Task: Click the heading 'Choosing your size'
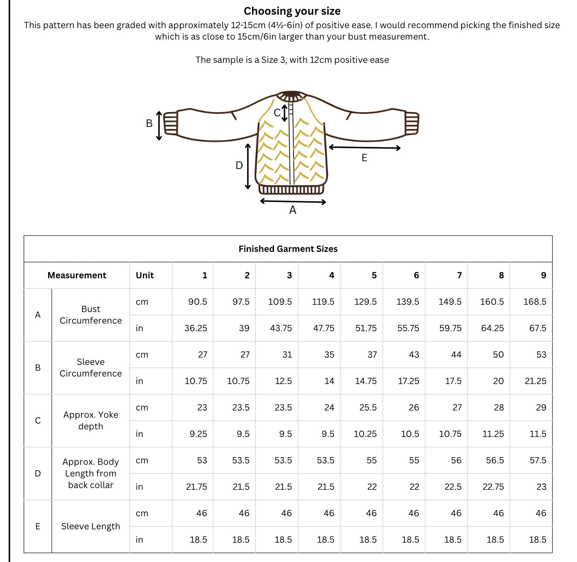(292, 11)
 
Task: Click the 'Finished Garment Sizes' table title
(288, 249)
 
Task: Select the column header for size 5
(374, 275)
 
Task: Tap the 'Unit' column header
(145, 275)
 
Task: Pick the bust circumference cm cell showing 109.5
(280, 302)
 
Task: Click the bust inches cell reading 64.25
(492, 328)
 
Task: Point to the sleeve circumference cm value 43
(414, 354)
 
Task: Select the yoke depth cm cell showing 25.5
(368, 407)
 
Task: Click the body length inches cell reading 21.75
(196, 486)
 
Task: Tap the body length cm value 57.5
(538, 460)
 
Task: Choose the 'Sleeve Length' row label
(91, 526)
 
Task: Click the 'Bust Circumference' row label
(91, 315)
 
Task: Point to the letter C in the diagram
(277, 113)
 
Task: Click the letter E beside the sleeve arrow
(365, 158)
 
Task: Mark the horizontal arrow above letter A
(293, 202)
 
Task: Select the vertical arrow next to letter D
(248, 166)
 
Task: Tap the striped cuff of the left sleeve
(170, 123)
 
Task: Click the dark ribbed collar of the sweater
(292, 96)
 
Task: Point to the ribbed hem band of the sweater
(292, 189)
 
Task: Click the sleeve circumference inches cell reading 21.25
(535, 381)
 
